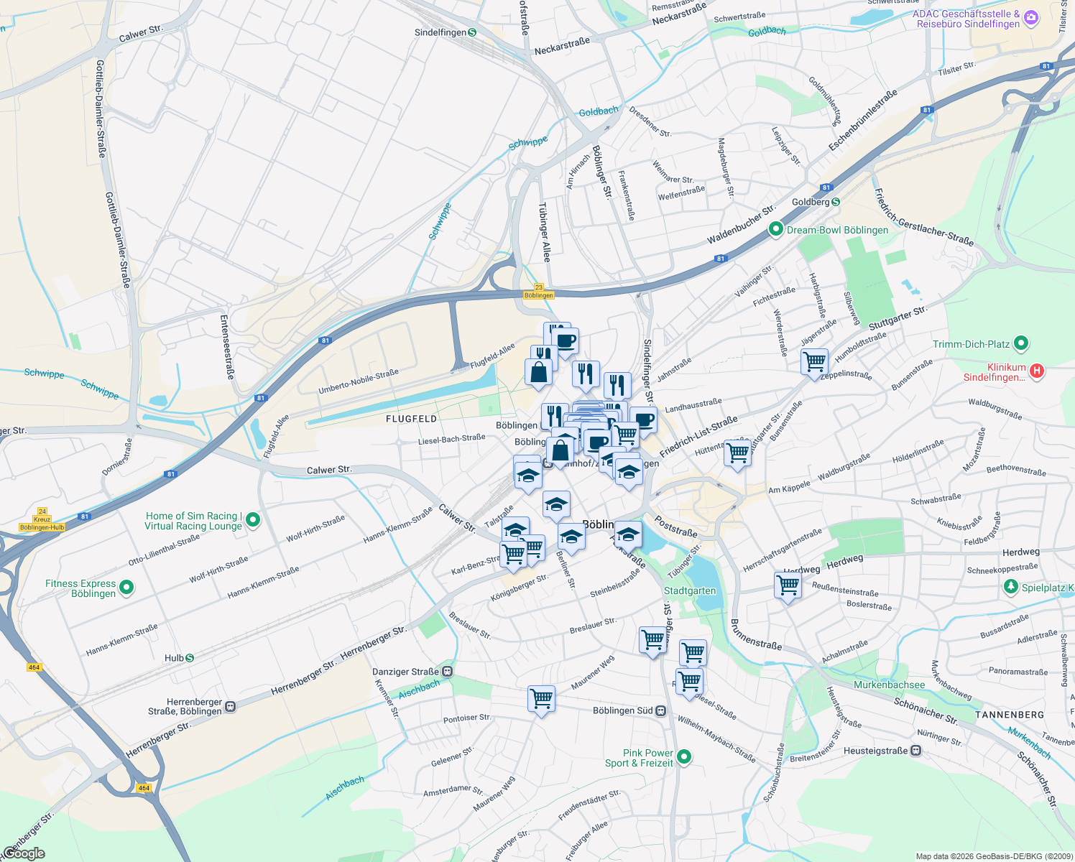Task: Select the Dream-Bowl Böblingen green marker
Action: pos(775,230)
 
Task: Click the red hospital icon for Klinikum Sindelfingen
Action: pos(1036,371)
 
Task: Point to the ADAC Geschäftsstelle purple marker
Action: pos(1031,17)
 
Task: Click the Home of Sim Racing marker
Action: pos(252,521)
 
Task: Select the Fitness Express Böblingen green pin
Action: pos(126,588)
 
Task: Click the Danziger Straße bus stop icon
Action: pos(448,672)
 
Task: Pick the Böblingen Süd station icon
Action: pos(661,710)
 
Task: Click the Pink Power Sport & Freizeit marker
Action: pos(685,756)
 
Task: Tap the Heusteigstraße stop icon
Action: pos(915,751)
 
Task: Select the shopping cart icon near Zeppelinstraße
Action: pos(814,362)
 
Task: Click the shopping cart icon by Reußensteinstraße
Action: pos(788,585)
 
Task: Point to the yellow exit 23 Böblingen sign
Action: pos(539,292)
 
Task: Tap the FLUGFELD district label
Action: pos(411,418)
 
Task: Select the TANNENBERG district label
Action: pos(1010,715)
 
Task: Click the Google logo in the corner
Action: pos(24,853)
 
